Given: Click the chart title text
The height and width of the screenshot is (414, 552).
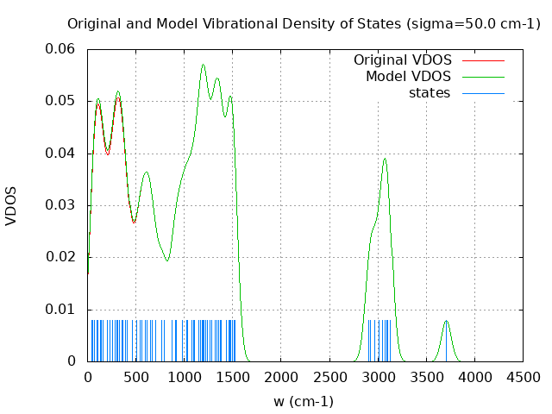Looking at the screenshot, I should pyautogui.click(x=304, y=23).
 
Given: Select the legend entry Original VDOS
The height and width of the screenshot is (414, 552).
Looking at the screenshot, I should pyautogui.click(x=403, y=60).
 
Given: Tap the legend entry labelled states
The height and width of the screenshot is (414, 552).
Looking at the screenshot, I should pyautogui.click(x=430, y=93).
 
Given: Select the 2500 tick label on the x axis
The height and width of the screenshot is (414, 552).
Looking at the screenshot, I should pyautogui.click(x=329, y=377).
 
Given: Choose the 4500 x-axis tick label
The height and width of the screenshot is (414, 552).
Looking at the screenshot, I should pyautogui.click(x=523, y=377).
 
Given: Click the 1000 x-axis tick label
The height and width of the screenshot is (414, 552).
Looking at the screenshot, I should pyautogui.click(x=185, y=377).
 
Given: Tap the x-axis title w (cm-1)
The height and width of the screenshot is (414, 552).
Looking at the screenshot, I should pyautogui.click(x=304, y=401).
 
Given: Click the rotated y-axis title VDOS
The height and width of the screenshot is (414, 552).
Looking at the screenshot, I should pyautogui.click(x=11, y=205).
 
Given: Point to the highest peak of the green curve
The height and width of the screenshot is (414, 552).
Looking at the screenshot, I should pyautogui.click(x=204, y=65).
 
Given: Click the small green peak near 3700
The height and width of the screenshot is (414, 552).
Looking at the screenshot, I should pyautogui.click(x=446, y=321).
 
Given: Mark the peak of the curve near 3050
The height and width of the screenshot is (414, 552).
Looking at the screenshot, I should pyautogui.click(x=385, y=159).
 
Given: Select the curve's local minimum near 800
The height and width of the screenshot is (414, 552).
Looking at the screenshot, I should pyautogui.click(x=167, y=260).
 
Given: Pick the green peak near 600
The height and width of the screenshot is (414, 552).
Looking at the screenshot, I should pyautogui.click(x=147, y=172).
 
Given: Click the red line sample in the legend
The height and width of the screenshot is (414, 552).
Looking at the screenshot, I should pyautogui.click(x=483, y=60).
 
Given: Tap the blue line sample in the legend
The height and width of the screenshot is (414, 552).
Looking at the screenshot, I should pyautogui.click(x=483, y=93).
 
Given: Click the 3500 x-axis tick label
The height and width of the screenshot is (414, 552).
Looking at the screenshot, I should pyautogui.click(x=426, y=377).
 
